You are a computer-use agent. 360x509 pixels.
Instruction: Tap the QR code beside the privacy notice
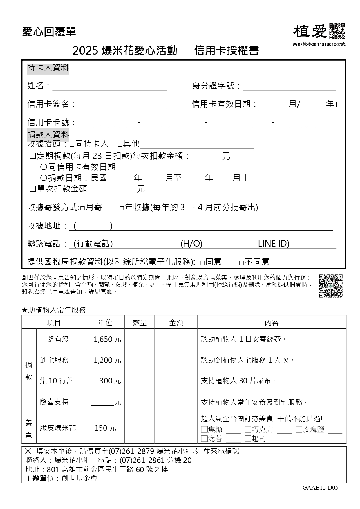pos(331,286)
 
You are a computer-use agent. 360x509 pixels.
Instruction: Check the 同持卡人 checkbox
pos(72,144)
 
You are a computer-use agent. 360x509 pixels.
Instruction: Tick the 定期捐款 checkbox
pos(33,156)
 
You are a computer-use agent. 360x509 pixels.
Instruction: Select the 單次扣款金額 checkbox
pos(33,189)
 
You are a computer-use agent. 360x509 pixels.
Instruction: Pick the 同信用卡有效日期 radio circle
pos(44,167)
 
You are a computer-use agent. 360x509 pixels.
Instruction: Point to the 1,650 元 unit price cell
pos(107,339)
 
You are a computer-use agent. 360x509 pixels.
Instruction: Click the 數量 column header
pos(140,323)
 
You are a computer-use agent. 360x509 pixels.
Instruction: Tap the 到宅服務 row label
pos(55,360)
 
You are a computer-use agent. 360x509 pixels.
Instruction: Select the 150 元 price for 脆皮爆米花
pos(105,428)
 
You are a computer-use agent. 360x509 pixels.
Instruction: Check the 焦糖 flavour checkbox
pos(204,429)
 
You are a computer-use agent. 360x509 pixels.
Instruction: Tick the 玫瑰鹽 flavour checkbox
pos(299,429)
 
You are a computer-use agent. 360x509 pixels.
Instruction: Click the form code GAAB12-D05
pos(320,488)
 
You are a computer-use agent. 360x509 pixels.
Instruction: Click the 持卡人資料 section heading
pos(48,68)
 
